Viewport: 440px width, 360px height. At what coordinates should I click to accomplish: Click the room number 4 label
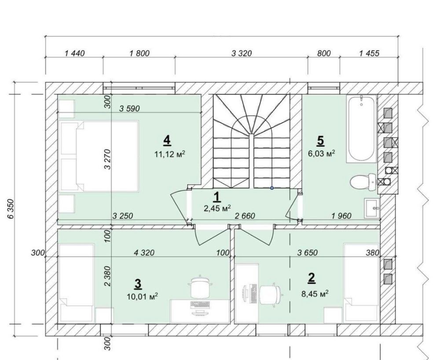pyautogui.click(x=167, y=140)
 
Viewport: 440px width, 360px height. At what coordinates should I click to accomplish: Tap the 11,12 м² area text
pyautogui.click(x=170, y=154)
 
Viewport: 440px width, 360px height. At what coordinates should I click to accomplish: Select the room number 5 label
pyautogui.click(x=320, y=141)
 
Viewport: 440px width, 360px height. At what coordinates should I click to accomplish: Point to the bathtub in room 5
pyautogui.click(x=361, y=129)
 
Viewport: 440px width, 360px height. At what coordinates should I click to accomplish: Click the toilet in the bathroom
pyautogui.click(x=363, y=182)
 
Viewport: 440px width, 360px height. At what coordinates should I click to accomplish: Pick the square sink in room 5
pyautogui.click(x=372, y=208)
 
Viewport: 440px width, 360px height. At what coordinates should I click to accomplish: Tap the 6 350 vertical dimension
pyautogui.click(x=11, y=209)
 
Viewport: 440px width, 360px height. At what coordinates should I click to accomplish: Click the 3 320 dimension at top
pyautogui.click(x=242, y=53)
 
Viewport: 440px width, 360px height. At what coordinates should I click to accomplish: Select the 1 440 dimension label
pyautogui.click(x=75, y=53)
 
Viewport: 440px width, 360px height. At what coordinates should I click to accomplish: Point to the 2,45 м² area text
pyautogui.click(x=218, y=208)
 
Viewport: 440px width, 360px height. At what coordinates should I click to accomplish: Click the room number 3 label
pyautogui.click(x=138, y=284)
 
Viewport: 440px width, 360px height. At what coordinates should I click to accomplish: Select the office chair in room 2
pyautogui.click(x=271, y=295)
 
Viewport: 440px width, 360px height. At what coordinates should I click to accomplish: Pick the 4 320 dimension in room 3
pyautogui.click(x=144, y=253)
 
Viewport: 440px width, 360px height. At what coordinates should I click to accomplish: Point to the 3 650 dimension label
pyautogui.click(x=308, y=253)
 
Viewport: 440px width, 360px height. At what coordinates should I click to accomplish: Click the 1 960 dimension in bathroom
pyautogui.click(x=341, y=216)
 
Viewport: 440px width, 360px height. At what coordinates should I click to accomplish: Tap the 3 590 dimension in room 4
pyautogui.click(x=129, y=109)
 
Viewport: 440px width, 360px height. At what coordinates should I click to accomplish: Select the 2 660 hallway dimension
pyautogui.click(x=245, y=216)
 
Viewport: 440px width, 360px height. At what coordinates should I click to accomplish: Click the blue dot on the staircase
pyautogui.click(x=271, y=188)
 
